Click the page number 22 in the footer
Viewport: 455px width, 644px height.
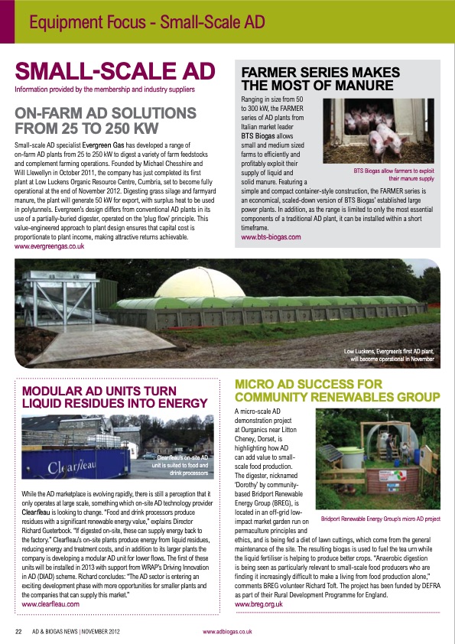click(18, 632)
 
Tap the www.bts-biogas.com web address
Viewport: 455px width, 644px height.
click(271, 238)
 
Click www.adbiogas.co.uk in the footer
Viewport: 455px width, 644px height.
click(227, 632)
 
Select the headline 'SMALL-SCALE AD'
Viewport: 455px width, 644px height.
click(115, 72)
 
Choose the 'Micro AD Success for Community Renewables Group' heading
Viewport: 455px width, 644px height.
click(337, 390)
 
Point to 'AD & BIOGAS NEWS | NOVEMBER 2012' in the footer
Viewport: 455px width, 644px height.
click(79, 632)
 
